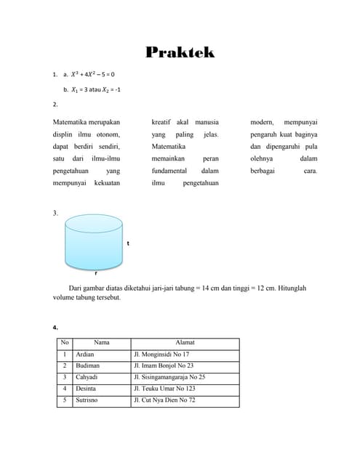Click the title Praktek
coord(180,52)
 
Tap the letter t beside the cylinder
coord(128,243)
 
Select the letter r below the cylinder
coord(96,273)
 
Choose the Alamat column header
coord(185,342)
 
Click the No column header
coord(65,342)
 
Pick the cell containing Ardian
coord(85,354)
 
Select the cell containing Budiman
coord(87,365)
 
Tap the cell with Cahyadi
coord(87,377)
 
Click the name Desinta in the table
coord(87,389)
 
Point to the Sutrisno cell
coord(87,400)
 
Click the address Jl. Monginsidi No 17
coord(161,354)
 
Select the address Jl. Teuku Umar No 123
coord(164,389)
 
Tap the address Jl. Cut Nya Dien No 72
coord(164,400)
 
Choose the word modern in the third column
coord(263,121)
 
